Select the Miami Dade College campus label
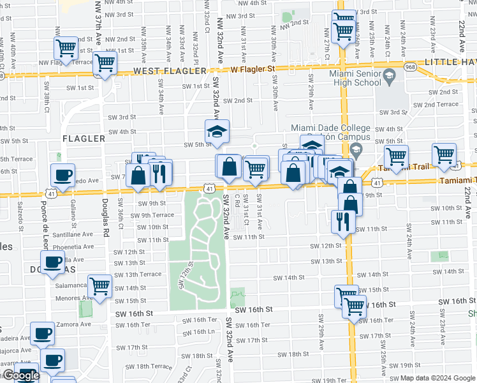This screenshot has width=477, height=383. click(x=330, y=131)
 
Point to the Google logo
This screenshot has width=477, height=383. click(x=20, y=375)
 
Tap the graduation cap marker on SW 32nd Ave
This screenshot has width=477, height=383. click(x=217, y=131)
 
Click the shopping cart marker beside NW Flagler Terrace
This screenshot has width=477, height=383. click(x=66, y=47)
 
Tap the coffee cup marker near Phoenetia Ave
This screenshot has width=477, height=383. click(x=52, y=261)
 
